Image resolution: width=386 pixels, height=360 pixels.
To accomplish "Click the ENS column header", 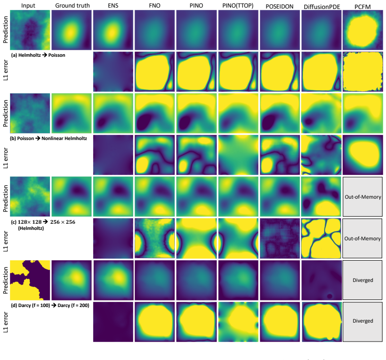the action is click(113, 5).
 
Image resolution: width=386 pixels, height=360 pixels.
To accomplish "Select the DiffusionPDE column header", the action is click(322, 7).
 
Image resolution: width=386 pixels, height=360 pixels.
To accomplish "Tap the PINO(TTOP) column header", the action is click(238, 6).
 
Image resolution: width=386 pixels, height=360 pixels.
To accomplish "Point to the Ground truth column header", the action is click(72, 5).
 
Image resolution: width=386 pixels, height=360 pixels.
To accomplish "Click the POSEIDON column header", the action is click(279, 7).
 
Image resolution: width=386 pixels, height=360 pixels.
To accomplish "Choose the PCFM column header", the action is click(363, 7).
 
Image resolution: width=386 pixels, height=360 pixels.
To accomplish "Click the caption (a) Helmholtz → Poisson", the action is click(38, 55).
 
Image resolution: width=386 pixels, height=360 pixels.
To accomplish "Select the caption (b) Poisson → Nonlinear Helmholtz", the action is click(49, 138).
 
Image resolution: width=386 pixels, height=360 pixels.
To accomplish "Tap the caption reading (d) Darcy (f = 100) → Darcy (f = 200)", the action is click(50, 305).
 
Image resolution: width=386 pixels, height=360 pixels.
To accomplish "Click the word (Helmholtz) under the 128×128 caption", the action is click(31, 228).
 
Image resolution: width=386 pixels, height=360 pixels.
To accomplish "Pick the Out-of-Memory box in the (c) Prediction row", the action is click(363, 197).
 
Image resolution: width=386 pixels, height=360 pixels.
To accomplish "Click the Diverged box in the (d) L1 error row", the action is click(363, 321).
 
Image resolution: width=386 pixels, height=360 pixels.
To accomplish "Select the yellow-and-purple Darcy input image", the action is click(30, 280).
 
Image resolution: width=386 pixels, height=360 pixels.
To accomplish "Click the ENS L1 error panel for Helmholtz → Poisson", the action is click(113, 71).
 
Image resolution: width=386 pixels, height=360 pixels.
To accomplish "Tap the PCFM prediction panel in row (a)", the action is click(363, 30).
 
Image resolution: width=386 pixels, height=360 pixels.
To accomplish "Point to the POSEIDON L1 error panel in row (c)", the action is click(280, 238).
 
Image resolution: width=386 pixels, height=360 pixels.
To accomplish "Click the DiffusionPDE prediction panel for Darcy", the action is click(321, 280).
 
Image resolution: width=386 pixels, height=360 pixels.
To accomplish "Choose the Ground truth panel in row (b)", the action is click(71, 113).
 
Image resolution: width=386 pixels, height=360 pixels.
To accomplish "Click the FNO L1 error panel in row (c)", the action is click(154, 238).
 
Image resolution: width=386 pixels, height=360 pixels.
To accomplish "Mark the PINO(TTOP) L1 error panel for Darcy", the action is click(238, 322).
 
